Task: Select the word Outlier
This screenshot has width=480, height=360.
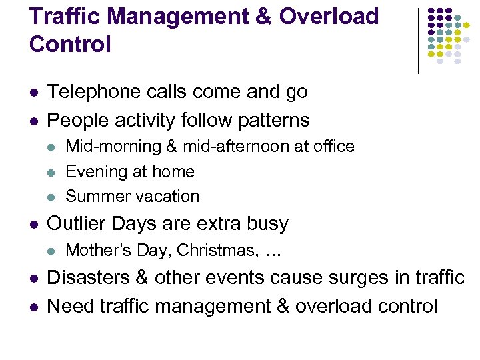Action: (73, 223)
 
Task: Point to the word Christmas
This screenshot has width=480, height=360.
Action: (223, 251)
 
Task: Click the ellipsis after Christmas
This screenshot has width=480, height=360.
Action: (272, 252)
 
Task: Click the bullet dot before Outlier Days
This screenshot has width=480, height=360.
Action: (34, 224)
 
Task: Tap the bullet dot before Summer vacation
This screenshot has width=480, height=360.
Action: (53, 197)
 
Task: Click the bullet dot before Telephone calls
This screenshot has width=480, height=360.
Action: (34, 93)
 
